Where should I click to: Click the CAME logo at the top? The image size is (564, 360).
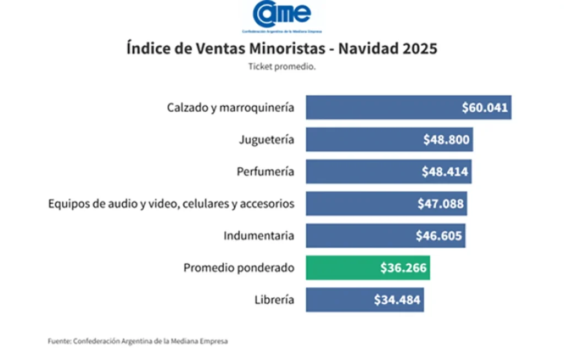(x=282, y=14)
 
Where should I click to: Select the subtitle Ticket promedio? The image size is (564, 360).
(x=282, y=67)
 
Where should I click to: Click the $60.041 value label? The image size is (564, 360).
(x=485, y=107)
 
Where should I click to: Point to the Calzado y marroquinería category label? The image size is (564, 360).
(x=230, y=107)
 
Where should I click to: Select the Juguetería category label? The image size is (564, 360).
(x=267, y=140)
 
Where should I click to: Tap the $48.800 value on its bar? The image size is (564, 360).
(x=446, y=140)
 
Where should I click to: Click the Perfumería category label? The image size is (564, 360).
(x=265, y=172)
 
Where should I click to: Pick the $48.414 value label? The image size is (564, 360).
(x=445, y=172)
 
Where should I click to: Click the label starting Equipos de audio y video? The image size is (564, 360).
(x=171, y=204)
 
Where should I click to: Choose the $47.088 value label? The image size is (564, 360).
(x=441, y=204)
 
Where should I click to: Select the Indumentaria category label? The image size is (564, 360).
(x=259, y=236)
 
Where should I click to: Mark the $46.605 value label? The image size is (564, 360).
(x=439, y=236)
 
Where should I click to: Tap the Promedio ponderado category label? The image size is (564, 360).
(x=238, y=268)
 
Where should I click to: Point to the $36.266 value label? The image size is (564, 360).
(x=403, y=268)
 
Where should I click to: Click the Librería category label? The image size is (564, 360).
(x=274, y=300)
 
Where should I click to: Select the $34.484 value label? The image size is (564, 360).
(x=397, y=300)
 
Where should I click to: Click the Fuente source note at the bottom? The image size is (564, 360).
(x=138, y=341)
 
